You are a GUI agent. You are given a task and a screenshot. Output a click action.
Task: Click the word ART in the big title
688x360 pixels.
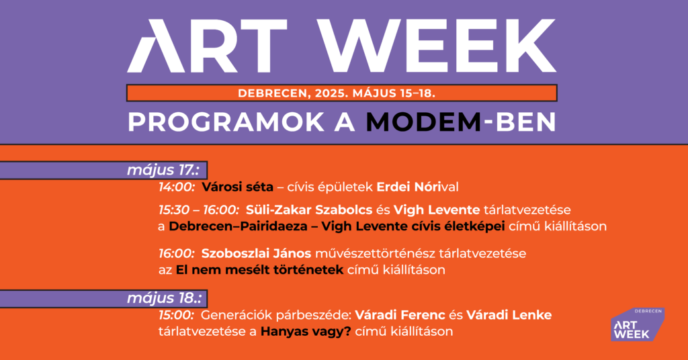point(207,46)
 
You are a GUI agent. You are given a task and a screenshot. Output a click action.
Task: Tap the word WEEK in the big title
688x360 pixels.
point(437,46)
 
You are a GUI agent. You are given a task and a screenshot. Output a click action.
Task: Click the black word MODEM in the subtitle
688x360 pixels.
point(424,122)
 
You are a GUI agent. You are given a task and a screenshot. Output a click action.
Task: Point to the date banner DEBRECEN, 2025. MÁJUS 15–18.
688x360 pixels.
point(337,93)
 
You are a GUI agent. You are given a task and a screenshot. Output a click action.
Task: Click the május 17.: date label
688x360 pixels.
point(163,170)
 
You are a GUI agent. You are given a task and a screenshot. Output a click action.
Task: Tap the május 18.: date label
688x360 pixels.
point(164,298)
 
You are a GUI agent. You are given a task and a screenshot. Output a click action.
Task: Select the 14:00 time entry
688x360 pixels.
point(177,187)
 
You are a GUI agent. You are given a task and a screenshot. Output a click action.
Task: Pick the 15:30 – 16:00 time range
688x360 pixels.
point(199,210)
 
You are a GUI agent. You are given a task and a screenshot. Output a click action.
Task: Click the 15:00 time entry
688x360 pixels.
point(177,315)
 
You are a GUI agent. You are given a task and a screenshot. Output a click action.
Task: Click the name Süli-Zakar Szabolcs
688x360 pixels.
point(309,210)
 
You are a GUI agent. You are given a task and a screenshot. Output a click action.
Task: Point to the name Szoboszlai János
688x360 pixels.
point(256,253)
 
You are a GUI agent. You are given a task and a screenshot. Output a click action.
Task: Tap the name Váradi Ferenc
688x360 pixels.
point(400,315)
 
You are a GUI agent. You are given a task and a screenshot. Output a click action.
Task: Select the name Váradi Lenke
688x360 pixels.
point(509,315)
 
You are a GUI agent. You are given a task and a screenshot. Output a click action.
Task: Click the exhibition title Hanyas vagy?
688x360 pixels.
point(306,332)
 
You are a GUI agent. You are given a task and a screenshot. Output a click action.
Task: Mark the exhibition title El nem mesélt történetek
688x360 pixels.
point(259,270)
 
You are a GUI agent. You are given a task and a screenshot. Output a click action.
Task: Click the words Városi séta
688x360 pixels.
point(237,187)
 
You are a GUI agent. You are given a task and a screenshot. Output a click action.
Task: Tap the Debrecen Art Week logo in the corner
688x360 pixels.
point(638,324)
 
